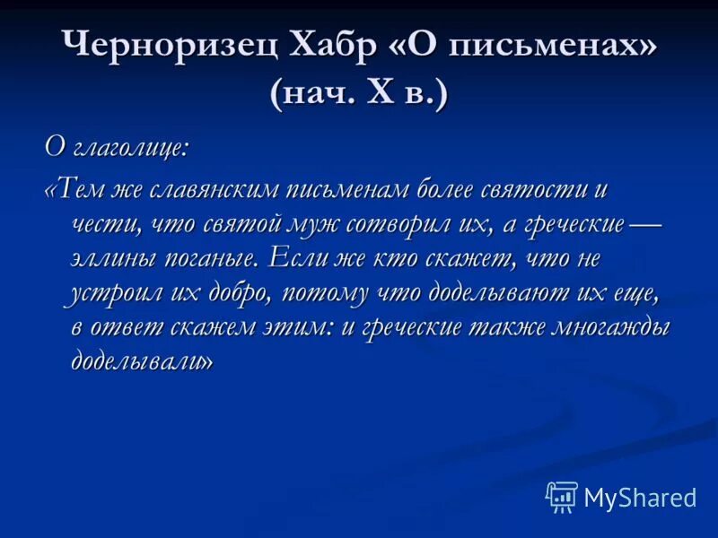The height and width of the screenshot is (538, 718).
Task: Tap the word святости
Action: tap(514, 190)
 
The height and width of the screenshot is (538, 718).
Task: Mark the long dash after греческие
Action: tap(645, 223)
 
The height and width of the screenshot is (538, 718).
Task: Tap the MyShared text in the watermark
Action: tap(640, 498)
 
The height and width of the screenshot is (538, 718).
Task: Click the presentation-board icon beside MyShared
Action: tap(562, 497)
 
